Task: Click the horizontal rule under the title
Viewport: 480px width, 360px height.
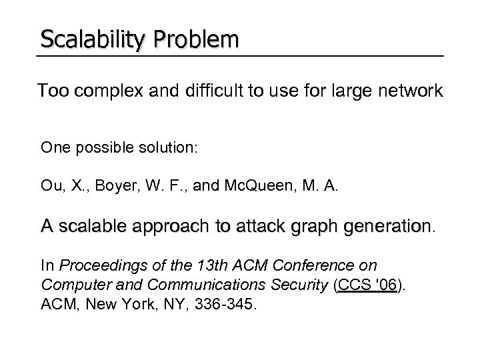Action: pos(240,55)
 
